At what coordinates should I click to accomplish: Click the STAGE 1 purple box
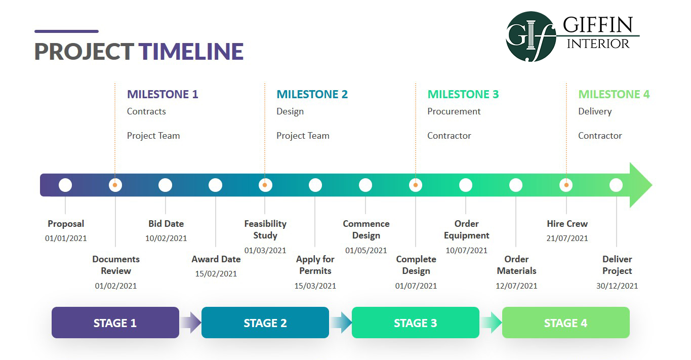click(x=115, y=323)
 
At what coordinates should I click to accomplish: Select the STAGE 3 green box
click(x=415, y=323)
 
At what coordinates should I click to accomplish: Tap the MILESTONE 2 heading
click(x=312, y=94)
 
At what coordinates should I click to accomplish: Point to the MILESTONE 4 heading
click(x=614, y=94)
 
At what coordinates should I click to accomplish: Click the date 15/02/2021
click(x=216, y=274)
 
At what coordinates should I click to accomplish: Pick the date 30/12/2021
click(x=617, y=286)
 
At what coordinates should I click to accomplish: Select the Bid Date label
click(x=166, y=224)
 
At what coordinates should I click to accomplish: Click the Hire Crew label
click(x=567, y=224)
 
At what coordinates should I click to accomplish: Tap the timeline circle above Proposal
click(x=65, y=185)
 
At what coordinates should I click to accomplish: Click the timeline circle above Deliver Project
click(x=616, y=185)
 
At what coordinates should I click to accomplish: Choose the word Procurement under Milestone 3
click(x=454, y=111)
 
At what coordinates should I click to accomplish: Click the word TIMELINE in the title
click(x=191, y=52)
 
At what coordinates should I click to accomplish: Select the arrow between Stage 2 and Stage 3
click(x=341, y=323)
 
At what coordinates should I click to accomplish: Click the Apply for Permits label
click(x=315, y=265)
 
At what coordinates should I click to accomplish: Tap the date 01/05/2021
click(x=366, y=251)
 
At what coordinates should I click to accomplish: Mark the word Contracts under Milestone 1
click(x=146, y=111)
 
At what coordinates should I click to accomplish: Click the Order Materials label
click(x=516, y=265)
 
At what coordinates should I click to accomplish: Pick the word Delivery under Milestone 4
click(x=595, y=111)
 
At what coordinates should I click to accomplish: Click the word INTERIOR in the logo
click(x=598, y=44)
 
